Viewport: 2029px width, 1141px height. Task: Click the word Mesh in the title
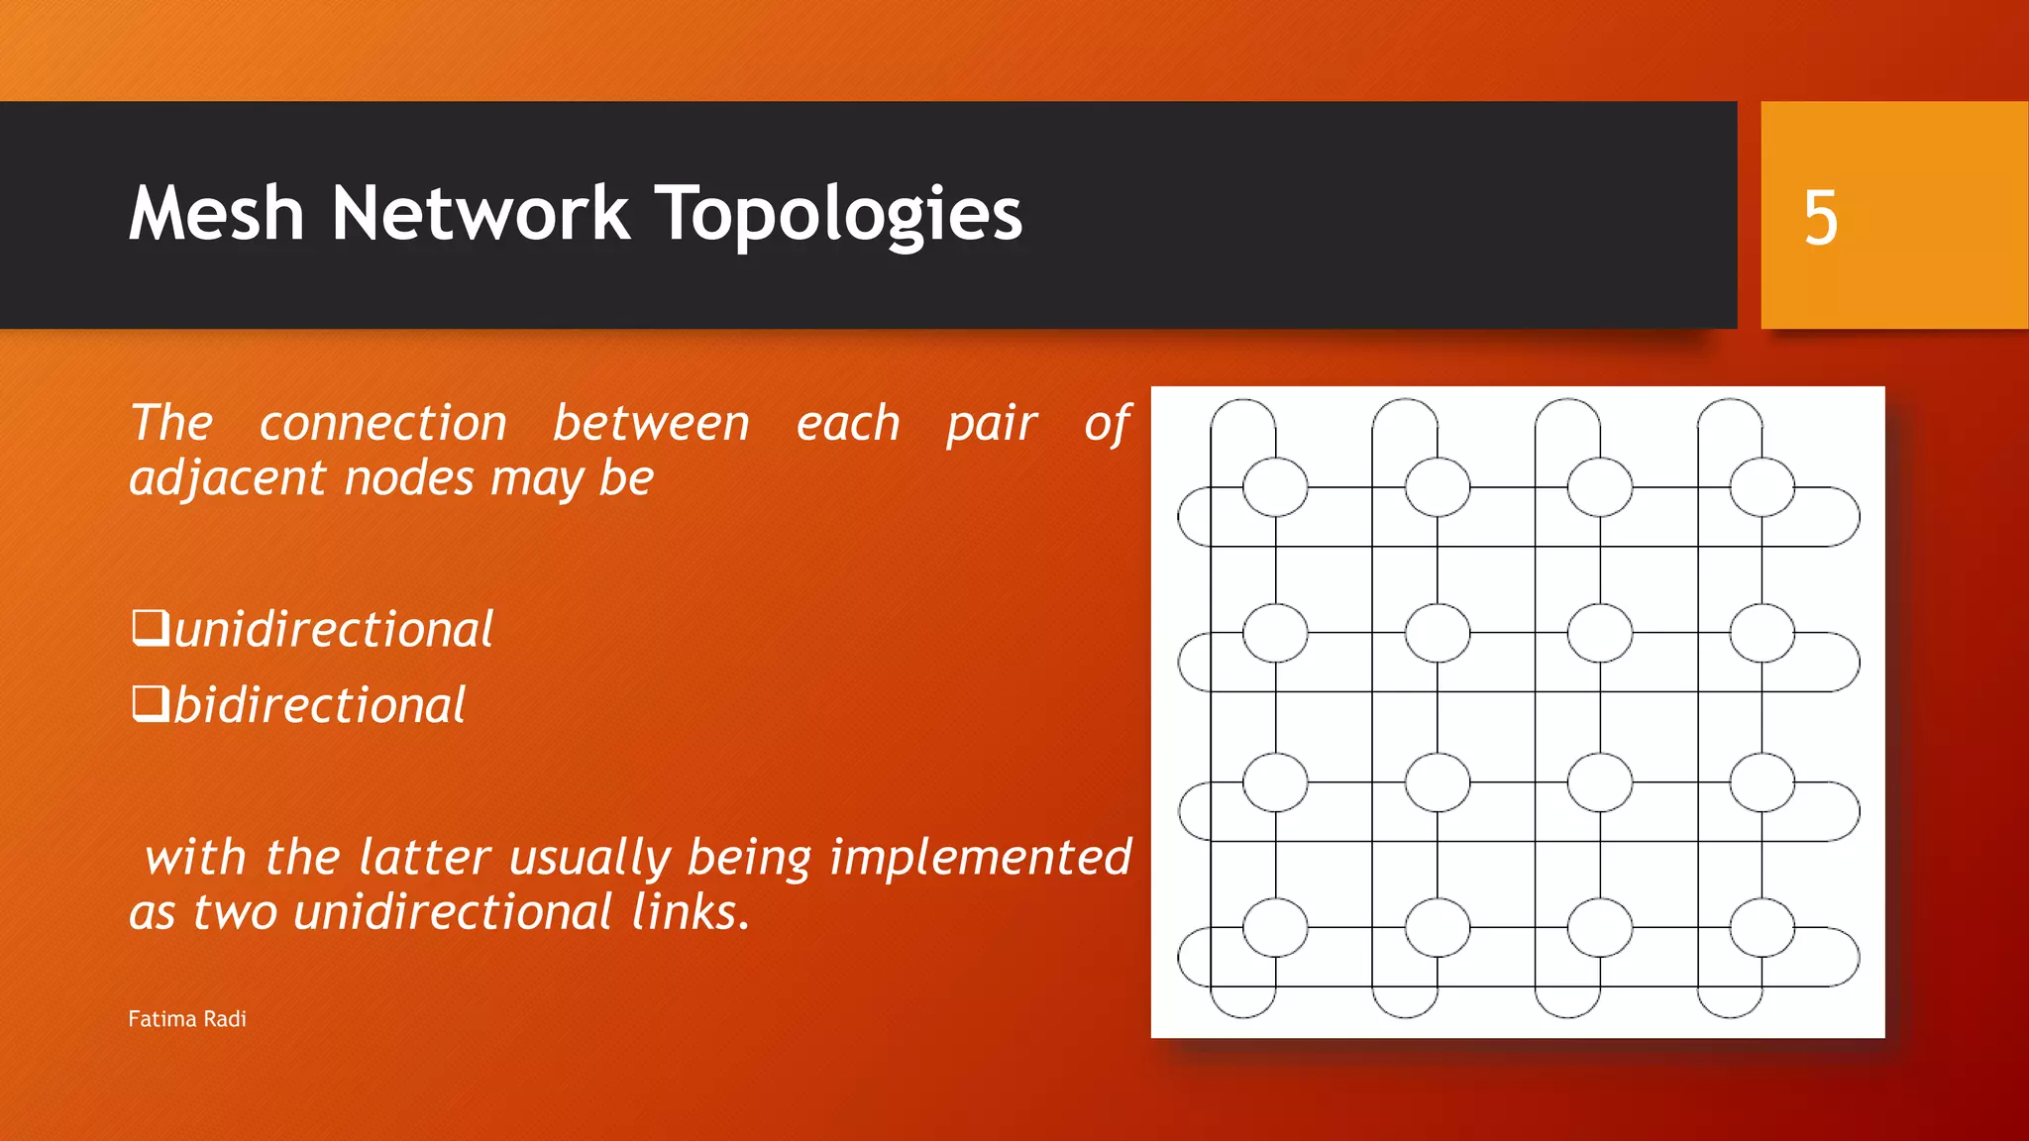(x=216, y=214)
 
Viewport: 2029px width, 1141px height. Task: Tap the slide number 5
(x=1820, y=218)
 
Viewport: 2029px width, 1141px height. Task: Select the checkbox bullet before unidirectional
(x=150, y=628)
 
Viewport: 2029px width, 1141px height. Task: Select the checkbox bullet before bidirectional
(x=150, y=704)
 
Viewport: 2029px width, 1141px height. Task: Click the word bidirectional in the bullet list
(x=319, y=705)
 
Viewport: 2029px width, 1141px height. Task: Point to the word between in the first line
(x=651, y=423)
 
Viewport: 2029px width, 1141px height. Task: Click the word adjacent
(x=227, y=478)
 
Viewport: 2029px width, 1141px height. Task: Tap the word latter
(x=424, y=857)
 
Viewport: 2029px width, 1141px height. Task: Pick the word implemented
(x=980, y=857)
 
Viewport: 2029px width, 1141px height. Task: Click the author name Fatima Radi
(x=187, y=1019)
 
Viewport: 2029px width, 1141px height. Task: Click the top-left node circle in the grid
(x=1275, y=486)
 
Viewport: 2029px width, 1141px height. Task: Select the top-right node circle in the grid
(x=1762, y=486)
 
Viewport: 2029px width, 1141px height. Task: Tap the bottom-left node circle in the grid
(x=1275, y=927)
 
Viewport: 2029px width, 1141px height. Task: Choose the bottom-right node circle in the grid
(x=1762, y=927)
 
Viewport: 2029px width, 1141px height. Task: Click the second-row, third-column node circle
(x=1599, y=633)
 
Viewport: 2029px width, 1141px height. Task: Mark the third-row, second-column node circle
(x=1437, y=781)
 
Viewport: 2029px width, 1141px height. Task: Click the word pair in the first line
(x=991, y=423)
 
